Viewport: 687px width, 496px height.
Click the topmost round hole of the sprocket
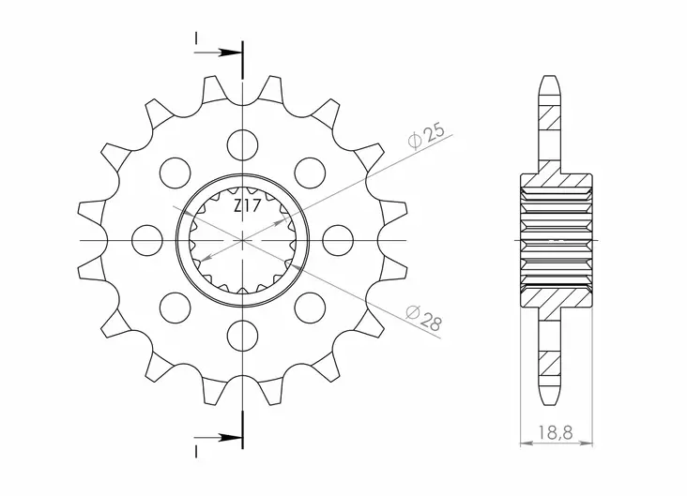point(243,143)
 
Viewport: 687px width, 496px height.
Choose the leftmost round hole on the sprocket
point(147,240)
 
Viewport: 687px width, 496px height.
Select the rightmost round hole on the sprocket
point(339,240)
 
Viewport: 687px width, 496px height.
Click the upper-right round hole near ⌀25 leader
point(310,172)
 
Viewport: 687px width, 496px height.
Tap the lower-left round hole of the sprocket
point(175,308)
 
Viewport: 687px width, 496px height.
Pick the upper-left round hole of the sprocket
point(175,172)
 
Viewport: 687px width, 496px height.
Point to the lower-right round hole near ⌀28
point(310,308)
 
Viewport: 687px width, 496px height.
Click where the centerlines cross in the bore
point(243,240)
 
